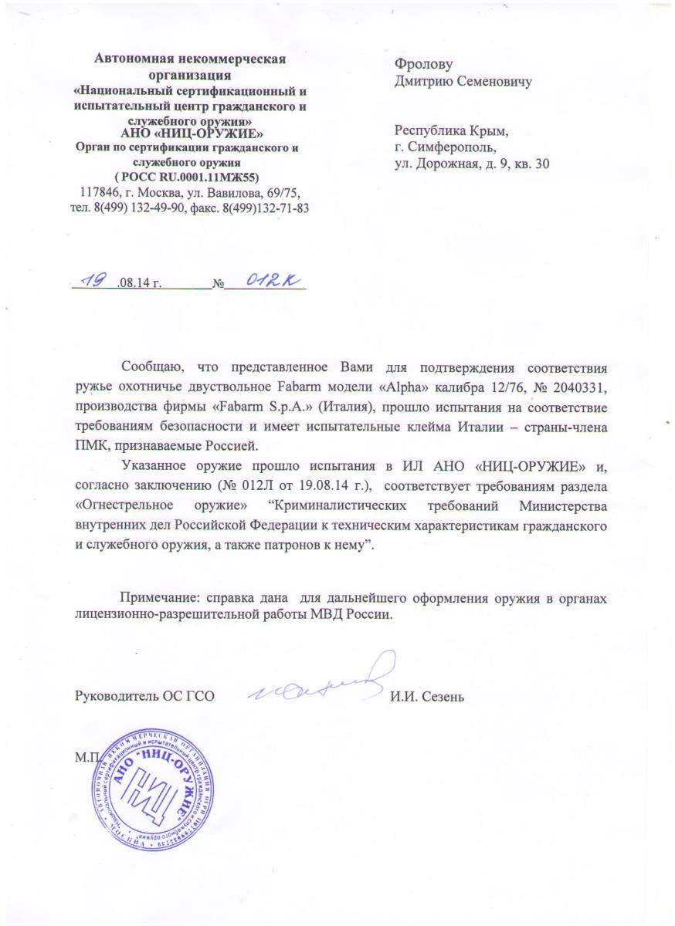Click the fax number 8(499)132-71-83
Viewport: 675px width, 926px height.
tap(270, 208)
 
